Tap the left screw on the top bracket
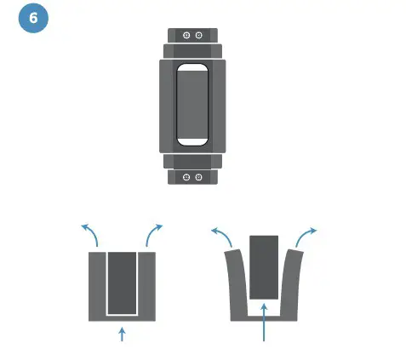pos(186,35)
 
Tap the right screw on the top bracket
pos(198,35)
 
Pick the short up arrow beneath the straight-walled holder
pos(123,333)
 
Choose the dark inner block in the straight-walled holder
pos(123,281)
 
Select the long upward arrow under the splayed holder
pos(265,323)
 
